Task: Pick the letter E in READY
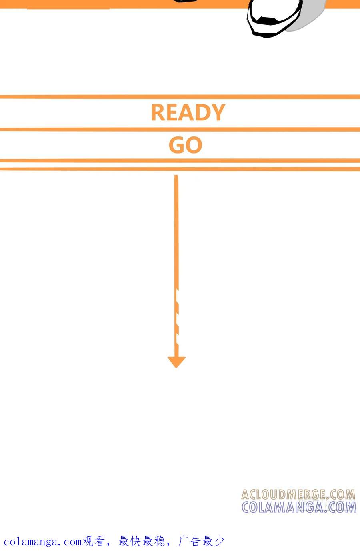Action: [x=171, y=112]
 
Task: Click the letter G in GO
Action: [x=177, y=145]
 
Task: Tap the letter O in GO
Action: [x=194, y=145]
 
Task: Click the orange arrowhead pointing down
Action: [x=176, y=362]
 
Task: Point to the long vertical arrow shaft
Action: [x=176, y=266]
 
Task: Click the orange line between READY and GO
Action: [x=180, y=129]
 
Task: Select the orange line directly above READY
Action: [x=180, y=97]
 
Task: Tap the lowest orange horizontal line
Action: [x=180, y=169]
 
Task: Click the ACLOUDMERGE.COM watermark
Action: [x=298, y=494]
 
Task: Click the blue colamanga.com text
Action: [x=43, y=542]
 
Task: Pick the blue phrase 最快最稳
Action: [x=142, y=542]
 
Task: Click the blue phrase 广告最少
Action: [x=201, y=542]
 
